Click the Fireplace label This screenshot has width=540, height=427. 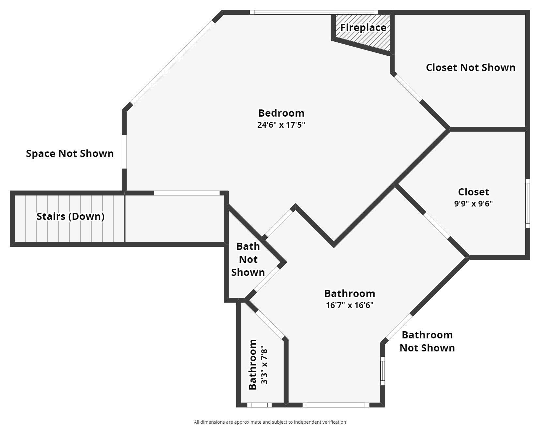coord(363,27)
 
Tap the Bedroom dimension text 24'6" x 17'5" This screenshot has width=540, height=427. coord(281,125)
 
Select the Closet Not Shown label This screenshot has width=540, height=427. coord(470,67)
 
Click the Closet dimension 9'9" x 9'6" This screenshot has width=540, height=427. coord(473,204)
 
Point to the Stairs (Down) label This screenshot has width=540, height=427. coord(70,216)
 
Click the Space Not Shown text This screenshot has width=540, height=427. coord(70,153)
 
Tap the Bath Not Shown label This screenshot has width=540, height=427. coord(248,259)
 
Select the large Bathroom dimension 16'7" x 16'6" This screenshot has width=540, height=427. coord(349,305)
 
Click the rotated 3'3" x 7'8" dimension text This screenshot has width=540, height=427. coord(264,366)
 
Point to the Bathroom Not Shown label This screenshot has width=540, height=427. coord(427,341)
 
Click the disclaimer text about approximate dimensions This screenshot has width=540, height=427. coord(270,422)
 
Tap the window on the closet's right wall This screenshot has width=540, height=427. coord(527,203)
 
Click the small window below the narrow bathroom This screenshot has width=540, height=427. coord(259,405)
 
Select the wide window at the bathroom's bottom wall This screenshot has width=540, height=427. coord(336,405)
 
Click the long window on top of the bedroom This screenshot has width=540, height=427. coord(314,12)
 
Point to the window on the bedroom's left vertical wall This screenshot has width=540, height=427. coord(124,151)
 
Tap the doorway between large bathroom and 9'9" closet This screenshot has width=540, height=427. coord(437,225)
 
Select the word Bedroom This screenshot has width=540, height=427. coord(281,113)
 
